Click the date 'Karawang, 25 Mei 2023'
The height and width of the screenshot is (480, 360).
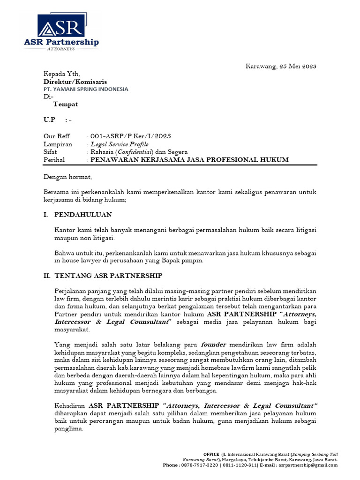[281, 66]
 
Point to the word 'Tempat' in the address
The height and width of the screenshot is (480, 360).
[65, 104]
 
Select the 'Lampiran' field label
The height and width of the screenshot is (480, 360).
[58, 144]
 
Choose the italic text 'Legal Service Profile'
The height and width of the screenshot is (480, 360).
[120, 144]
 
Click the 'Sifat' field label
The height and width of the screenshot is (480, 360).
[51, 152]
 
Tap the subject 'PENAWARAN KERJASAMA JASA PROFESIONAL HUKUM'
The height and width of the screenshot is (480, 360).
[189, 160]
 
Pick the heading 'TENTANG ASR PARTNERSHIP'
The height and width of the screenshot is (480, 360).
[108, 276]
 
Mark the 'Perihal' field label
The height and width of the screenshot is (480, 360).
[54, 160]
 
